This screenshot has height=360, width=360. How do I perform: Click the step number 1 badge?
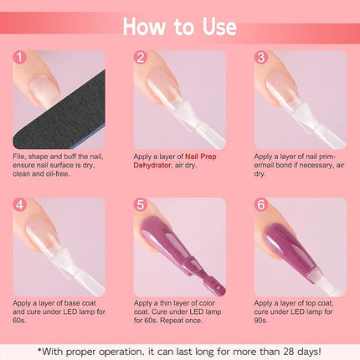pyautogui.click(x=19, y=57)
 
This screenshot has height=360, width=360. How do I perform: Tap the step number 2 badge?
pyautogui.click(x=141, y=57)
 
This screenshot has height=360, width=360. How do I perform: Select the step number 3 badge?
pyautogui.click(x=261, y=57)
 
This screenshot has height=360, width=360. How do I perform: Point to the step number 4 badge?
pyautogui.click(x=19, y=205)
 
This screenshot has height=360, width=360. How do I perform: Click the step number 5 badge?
pyautogui.click(x=141, y=205)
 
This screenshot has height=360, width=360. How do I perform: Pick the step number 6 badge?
pyautogui.click(x=261, y=205)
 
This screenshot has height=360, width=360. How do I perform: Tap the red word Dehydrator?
pyautogui.click(x=152, y=165)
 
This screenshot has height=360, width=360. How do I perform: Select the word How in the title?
pyautogui.click(x=144, y=27)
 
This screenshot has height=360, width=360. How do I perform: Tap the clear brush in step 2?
pyautogui.click(x=195, y=123)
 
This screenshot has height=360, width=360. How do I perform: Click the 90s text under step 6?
pyautogui.click(x=260, y=321)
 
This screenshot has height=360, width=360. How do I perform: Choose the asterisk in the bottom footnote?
pyautogui.click(x=40, y=349)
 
